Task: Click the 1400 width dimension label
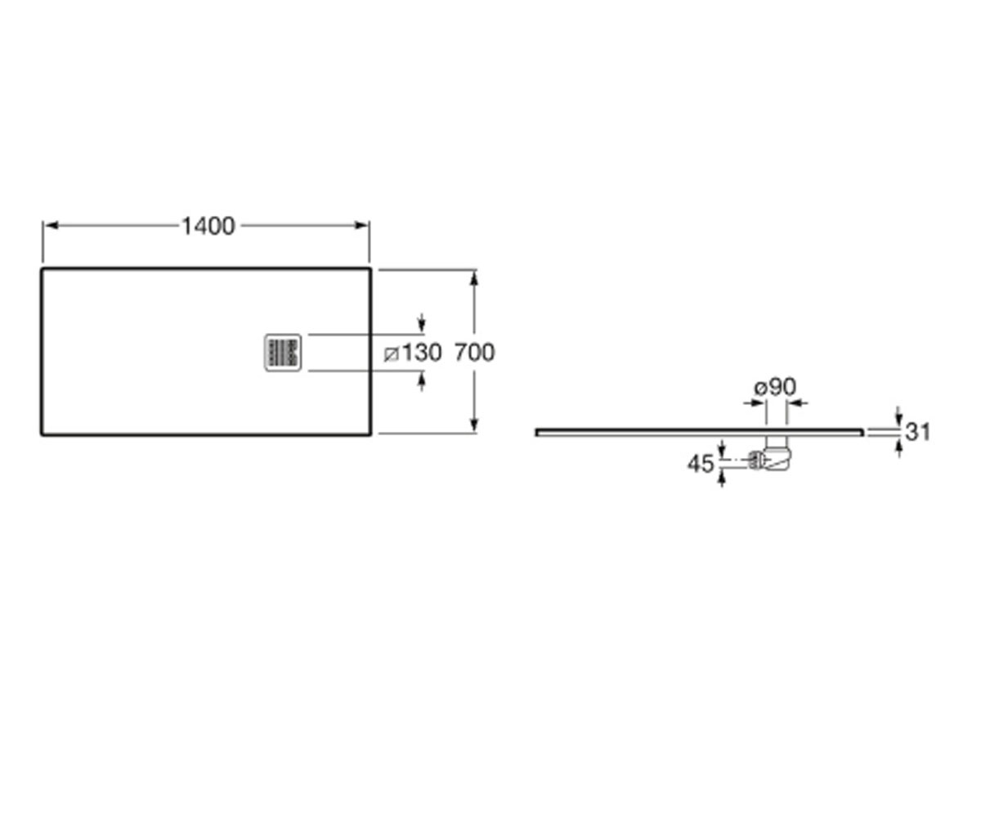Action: coord(208,226)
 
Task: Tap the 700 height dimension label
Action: coord(474,353)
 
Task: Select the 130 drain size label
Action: coord(423,353)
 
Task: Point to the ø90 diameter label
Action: coord(775,388)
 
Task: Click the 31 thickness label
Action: coord(917,432)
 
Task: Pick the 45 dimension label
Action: coord(701,464)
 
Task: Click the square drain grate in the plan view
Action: coord(283,353)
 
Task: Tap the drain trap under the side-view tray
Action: coord(776,455)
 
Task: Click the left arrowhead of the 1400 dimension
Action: coord(50,226)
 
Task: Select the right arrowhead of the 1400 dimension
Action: coord(362,226)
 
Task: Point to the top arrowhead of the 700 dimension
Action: coord(474,278)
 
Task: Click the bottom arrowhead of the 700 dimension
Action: coord(474,425)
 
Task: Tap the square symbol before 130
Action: coord(392,353)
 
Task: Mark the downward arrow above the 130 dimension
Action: coord(422,323)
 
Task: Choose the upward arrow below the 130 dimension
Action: coord(422,381)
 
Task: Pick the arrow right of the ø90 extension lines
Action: coord(797,403)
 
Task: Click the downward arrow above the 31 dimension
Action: coord(898,417)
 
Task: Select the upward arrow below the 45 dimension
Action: coord(722,479)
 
